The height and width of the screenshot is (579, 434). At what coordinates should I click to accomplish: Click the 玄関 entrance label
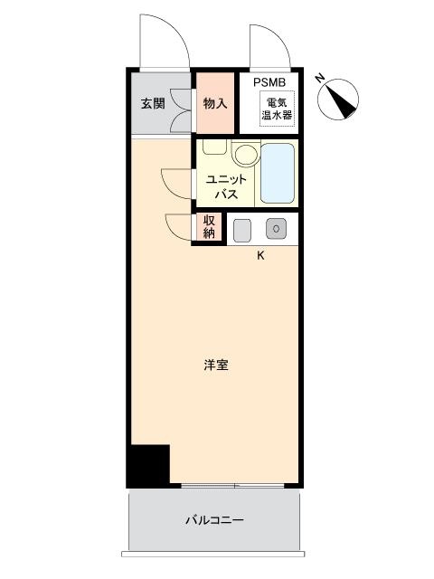tap(153, 104)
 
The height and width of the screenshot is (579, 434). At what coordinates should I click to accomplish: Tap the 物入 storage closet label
tap(215, 103)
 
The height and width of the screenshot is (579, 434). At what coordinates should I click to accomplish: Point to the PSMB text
tap(269, 82)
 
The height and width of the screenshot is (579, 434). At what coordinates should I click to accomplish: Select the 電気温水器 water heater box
tap(278, 109)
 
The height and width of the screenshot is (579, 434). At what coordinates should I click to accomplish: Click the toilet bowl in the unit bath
tap(246, 153)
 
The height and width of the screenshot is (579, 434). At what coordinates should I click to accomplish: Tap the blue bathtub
tap(278, 173)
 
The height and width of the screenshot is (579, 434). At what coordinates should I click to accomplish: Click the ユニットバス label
tap(226, 187)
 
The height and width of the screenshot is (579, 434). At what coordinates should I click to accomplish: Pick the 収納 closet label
tap(209, 227)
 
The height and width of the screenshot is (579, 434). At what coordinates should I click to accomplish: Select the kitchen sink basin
tap(242, 231)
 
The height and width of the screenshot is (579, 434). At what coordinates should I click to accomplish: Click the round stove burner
tap(276, 229)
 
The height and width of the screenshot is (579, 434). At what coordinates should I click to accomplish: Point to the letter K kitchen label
tap(260, 255)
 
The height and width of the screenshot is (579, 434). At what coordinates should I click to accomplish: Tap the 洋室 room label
tap(216, 365)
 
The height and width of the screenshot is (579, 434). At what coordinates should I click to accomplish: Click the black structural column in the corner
tap(148, 466)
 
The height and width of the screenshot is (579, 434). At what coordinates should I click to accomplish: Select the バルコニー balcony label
tap(214, 520)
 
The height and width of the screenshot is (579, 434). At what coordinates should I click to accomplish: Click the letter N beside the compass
tap(319, 79)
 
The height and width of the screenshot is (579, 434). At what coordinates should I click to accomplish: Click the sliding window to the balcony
tap(233, 486)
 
